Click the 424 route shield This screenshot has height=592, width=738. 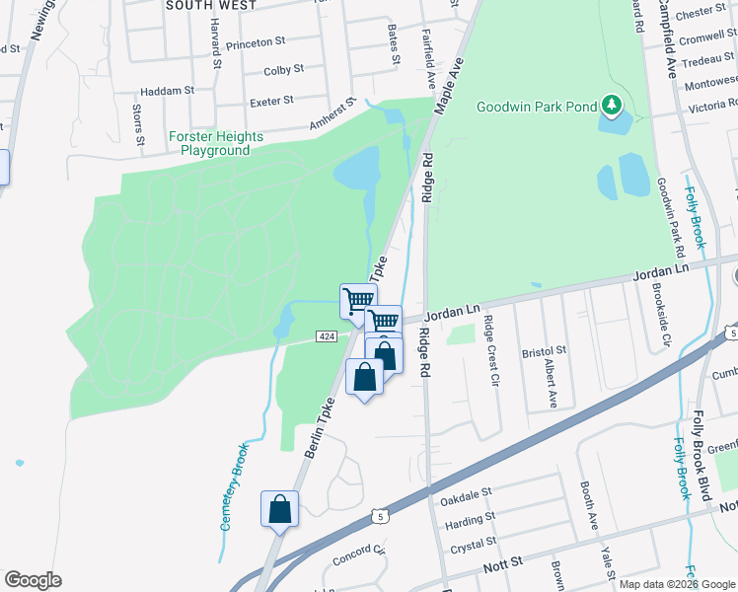pyautogui.click(x=328, y=337)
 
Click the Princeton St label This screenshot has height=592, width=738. pyautogui.click(x=255, y=43)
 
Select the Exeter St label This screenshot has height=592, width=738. pyautogui.click(x=272, y=101)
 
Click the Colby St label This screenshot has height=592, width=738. pyautogui.click(x=283, y=70)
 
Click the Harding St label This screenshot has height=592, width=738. pyautogui.click(x=470, y=520)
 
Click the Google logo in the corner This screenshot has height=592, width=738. pyautogui.click(x=33, y=580)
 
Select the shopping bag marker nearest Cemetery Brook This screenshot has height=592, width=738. pyautogui.click(x=280, y=509)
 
